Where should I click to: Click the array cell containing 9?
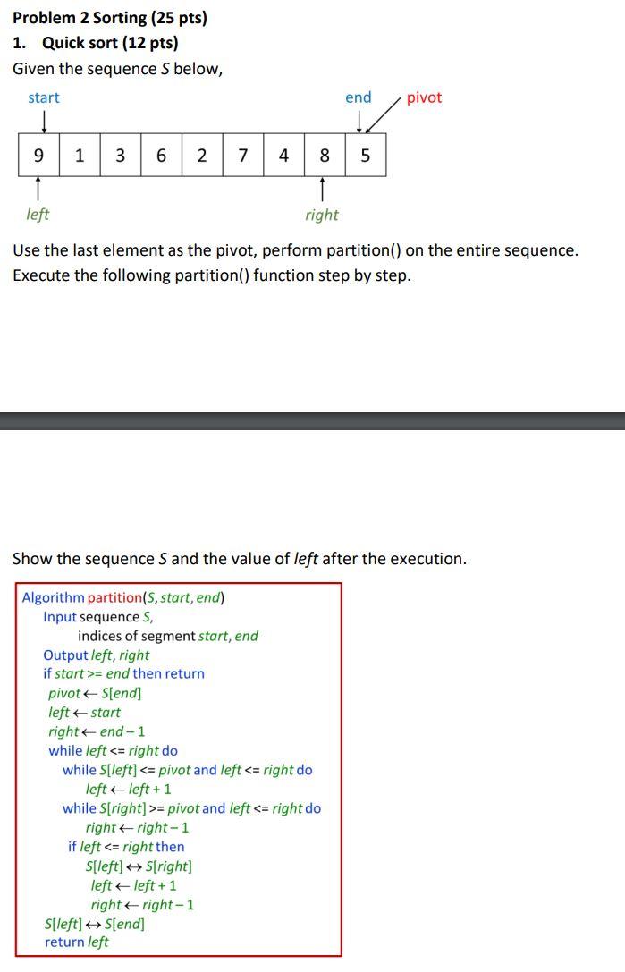pyautogui.click(x=38, y=156)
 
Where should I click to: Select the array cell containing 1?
pyautogui.click(x=80, y=156)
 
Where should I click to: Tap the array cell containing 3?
pyautogui.click(x=120, y=156)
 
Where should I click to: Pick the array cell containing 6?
pyautogui.click(x=161, y=156)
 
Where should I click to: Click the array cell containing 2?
pyautogui.click(x=202, y=156)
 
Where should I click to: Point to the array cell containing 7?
pyautogui.click(x=243, y=156)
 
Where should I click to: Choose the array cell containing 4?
pyautogui.click(x=283, y=156)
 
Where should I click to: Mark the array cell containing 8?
pyautogui.click(x=325, y=156)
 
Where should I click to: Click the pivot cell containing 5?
pyautogui.click(x=365, y=156)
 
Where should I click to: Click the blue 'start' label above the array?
pyautogui.click(x=44, y=97)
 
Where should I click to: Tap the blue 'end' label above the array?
pyautogui.click(x=359, y=97)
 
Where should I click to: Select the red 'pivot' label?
pyautogui.click(x=424, y=97)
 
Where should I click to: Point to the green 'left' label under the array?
pyautogui.click(x=38, y=215)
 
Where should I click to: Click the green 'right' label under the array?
pyautogui.click(x=322, y=215)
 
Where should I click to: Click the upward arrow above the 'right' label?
pyautogui.click(x=322, y=189)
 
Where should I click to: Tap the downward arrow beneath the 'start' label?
pyautogui.click(x=43, y=119)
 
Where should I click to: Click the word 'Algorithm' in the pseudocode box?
pyautogui.click(x=54, y=597)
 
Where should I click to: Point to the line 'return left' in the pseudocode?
pyautogui.click(x=77, y=942)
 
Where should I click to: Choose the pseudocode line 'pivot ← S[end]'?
pyautogui.click(x=95, y=693)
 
